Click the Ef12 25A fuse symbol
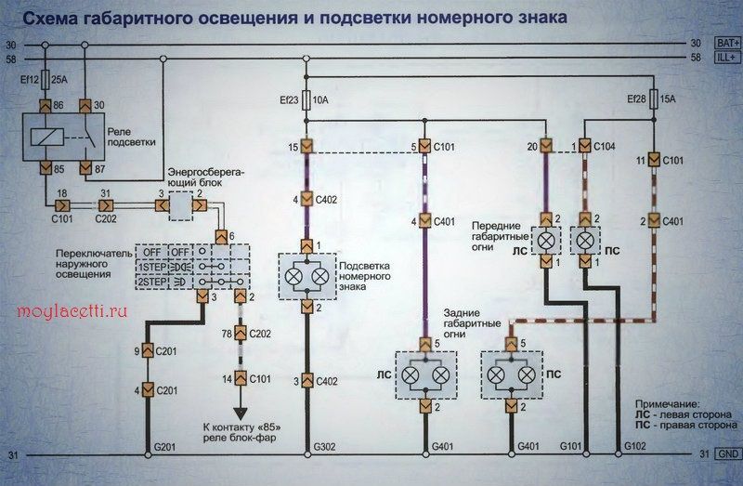click(46, 80)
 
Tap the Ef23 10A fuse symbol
click(306, 100)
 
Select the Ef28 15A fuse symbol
click(654, 99)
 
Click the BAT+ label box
click(727, 43)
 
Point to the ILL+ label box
click(727, 58)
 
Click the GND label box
click(728, 453)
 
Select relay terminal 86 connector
click(46, 106)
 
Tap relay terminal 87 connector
click(85, 168)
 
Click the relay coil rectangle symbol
click(47, 137)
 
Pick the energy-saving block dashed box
click(181, 205)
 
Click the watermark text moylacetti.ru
click(72, 311)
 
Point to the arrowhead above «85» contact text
click(241, 414)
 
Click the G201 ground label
click(165, 446)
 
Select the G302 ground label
click(324, 446)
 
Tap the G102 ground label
click(635, 446)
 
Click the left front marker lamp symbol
click(546, 241)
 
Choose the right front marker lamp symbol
click(585, 241)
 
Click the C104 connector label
click(605, 147)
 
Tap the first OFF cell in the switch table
click(152, 252)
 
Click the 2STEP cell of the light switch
click(152, 282)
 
